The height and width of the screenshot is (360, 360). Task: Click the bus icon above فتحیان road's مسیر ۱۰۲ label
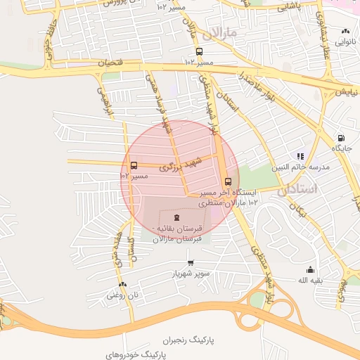pos(199,51)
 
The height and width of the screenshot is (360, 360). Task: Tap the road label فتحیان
pos(114,63)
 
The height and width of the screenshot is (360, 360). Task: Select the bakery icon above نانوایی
pos(345,32)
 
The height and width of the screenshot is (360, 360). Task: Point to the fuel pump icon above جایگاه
pos(341,138)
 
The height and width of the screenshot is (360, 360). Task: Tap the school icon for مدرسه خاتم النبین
pos(300,156)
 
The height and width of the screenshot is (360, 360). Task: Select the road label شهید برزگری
pos(180,164)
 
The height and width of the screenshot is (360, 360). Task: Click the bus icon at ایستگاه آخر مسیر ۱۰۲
pos(227,181)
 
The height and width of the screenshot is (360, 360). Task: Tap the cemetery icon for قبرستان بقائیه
pos(176,217)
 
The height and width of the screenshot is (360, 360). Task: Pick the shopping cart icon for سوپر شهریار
pos(191,262)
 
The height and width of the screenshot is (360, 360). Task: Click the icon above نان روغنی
pos(123,284)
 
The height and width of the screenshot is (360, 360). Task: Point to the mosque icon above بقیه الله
pos(310,269)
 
